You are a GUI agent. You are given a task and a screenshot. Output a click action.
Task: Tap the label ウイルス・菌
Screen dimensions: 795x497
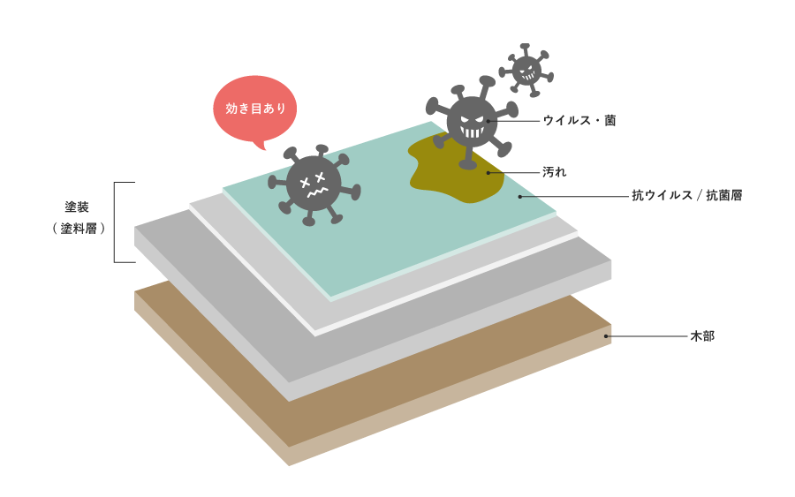click(579, 121)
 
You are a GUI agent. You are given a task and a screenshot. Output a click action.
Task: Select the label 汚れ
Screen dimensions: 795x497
click(554, 172)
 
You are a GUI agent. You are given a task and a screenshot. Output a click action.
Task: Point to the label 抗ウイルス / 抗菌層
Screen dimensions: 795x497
click(687, 196)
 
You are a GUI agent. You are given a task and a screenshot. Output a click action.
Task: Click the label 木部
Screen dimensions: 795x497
click(702, 335)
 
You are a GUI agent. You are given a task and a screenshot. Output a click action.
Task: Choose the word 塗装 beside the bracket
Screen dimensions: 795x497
click(77, 207)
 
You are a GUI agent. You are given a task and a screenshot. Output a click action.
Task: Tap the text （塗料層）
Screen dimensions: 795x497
click(79, 229)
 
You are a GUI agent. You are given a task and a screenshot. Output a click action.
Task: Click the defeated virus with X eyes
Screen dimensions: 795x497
click(314, 184)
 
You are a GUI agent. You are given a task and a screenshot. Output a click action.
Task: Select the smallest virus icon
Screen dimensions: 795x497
click(526, 70)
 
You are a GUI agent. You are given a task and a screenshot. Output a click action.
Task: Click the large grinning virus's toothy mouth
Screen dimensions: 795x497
click(472, 132)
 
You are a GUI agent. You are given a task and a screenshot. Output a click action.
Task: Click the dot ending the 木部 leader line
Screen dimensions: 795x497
click(606, 335)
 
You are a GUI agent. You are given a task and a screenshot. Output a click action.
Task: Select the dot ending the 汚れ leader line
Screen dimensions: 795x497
click(488, 173)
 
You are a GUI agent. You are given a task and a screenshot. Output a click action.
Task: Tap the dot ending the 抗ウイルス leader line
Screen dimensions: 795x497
click(520, 197)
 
